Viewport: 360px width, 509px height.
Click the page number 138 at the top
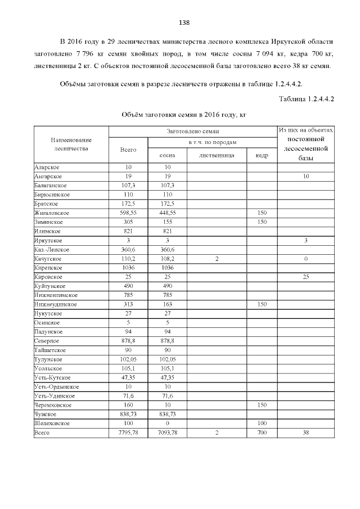coord(184,23)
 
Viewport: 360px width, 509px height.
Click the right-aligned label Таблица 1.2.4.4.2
coord(307,99)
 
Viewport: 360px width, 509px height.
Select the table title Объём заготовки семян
coord(184,114)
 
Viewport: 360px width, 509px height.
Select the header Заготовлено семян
coord(192,131)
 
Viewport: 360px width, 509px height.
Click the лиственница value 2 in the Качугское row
coord(217,259)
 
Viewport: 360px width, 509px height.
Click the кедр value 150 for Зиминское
coord(262,222)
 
